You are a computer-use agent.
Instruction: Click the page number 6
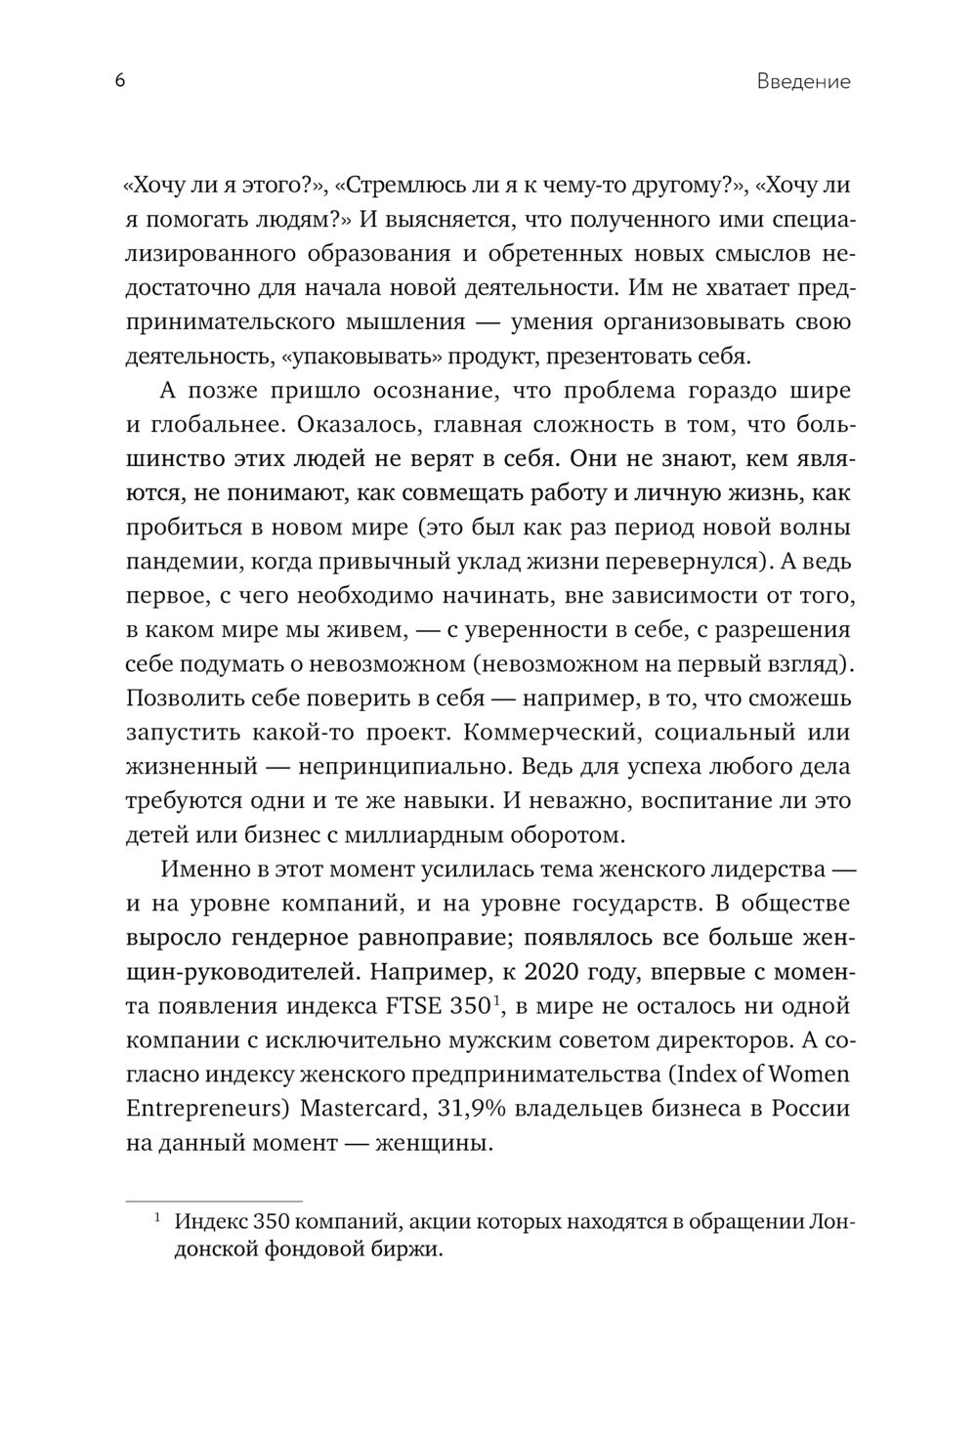[119, 81]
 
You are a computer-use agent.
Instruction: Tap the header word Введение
[803, 82]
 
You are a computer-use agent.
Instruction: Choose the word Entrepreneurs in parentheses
[204, 1109]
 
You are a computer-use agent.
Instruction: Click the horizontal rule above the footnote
[214, 1200]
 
